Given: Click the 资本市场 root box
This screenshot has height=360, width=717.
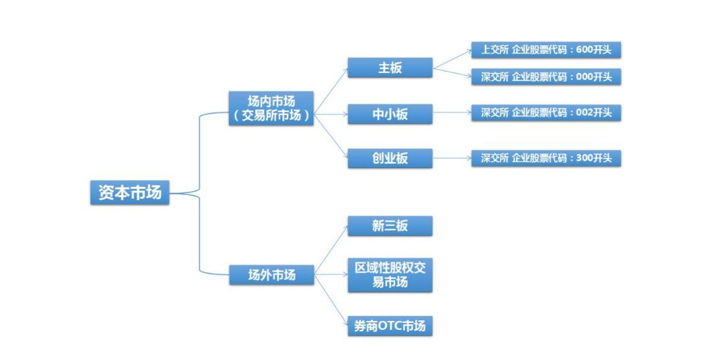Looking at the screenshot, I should click(x=130, y=193).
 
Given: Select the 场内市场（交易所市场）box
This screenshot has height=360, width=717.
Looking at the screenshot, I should click(x=271, y=108).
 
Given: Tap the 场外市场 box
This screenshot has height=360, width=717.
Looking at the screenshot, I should click(x=271, y=275).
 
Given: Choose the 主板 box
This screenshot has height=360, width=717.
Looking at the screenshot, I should click(x=390, y=68).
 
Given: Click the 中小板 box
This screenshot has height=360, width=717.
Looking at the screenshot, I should click(x=390, y=114).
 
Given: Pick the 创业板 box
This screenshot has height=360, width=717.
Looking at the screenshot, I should click(x=390, y=158).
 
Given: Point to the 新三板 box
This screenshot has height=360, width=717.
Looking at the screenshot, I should click(x=390, y=226).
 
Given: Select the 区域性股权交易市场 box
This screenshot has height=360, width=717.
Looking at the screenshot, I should click(x=390, y=275).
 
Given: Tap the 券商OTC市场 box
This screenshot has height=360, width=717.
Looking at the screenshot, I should click(x=390, y=326).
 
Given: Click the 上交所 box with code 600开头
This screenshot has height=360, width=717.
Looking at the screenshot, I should click(x=546, y=50).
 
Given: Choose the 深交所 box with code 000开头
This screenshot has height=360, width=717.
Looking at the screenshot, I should click(x=546, y=77).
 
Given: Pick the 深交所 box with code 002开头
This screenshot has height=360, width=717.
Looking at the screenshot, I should click(x=546, y=113).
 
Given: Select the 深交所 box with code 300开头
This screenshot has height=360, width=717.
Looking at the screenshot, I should click(x=546, y=158).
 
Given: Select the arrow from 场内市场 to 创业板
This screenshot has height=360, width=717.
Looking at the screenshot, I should click(x=331, y=136).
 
